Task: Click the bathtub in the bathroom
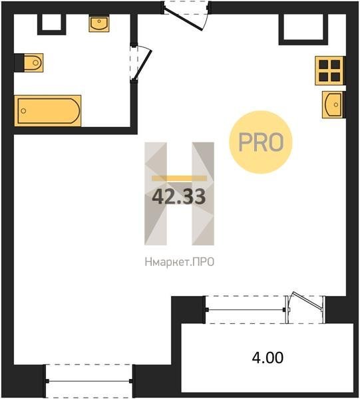(48, 110)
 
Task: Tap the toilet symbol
(34, 63)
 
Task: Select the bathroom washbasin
(99, 23)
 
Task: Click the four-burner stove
(329, 70)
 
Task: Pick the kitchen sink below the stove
(333, 104)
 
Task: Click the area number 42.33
(179, 197)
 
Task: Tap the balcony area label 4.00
(268, 357)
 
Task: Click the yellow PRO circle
(261, 142)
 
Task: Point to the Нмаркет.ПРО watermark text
(180, 262)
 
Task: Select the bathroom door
(142, 64)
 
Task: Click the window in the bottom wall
(89, 381)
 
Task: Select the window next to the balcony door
(245, 310)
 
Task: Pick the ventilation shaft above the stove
(303, 29)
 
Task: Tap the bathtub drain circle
(23, 111)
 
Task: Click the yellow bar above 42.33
(179, 178)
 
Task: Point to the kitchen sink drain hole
(336, 104)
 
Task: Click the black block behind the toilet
(19, 63)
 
